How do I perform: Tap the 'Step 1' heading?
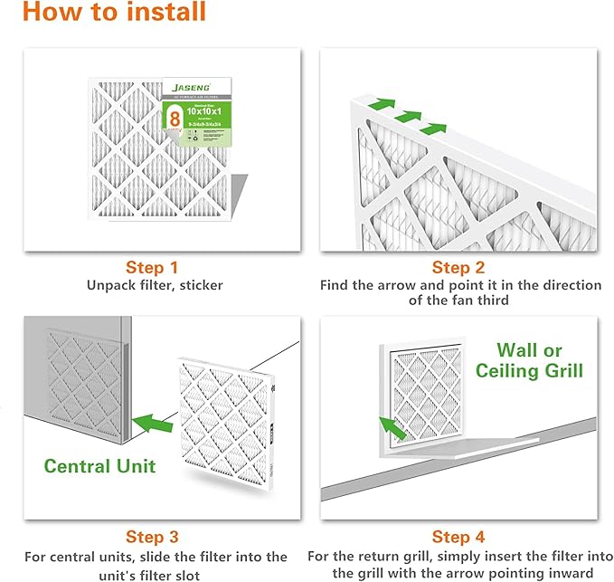[x=151, y=267]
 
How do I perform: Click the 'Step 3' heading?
[x=151, y=538]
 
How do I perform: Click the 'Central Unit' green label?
[x=100, y=466]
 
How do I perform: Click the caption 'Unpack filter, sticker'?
[x=155, y=285]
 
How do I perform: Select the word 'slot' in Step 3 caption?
[x=213, y=573]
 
